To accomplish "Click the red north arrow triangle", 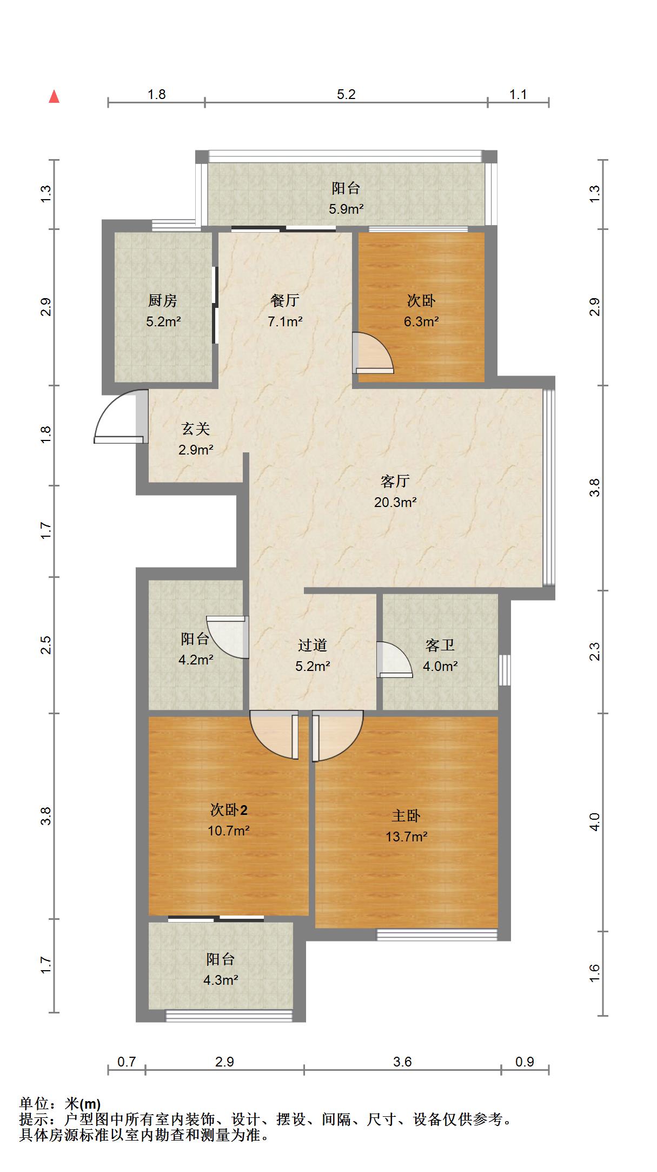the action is tap(54, 97).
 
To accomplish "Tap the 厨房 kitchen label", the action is tap(163, 300).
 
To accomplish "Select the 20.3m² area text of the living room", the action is tap(395, 502).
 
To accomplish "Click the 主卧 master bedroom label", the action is tap(406, 816).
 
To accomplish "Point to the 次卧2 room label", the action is tap(229, 810).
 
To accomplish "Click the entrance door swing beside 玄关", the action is tap(120, 417).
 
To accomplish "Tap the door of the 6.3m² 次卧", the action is tap(373, 353).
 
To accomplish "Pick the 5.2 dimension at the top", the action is tap(346, 95).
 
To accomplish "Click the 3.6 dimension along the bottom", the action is tap(402, 1062).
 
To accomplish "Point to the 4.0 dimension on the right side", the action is tap(594, 822).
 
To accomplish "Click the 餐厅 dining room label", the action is tap(285, 300).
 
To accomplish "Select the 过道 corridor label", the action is tap(313, 645).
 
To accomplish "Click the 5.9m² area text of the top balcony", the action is tap(346, 209).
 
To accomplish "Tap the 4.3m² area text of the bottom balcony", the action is tap(221, 980).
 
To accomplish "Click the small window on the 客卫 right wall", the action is tap(505, 670).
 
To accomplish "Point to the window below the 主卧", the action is tap(437, 934).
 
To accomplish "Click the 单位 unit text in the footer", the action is tap(34, 1103).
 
